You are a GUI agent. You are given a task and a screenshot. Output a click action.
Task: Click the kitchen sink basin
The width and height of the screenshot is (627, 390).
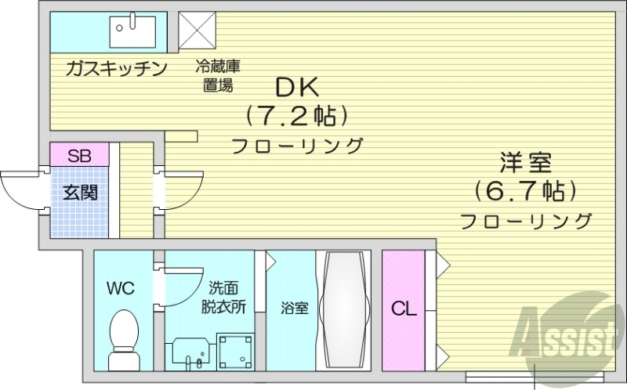(135, 31)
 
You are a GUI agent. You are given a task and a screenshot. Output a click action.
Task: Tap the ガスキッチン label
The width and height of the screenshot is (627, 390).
(117, 68)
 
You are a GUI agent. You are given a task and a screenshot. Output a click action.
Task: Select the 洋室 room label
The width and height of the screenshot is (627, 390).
(526, 164)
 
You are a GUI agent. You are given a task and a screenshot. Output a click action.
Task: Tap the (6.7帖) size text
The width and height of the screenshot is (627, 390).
(526, 190)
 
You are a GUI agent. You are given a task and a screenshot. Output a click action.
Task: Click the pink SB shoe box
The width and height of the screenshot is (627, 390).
(78, 154)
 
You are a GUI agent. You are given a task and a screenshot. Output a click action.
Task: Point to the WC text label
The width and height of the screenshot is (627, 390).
(121, 288)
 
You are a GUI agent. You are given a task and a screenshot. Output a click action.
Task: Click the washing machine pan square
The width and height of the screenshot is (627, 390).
(236, 353)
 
